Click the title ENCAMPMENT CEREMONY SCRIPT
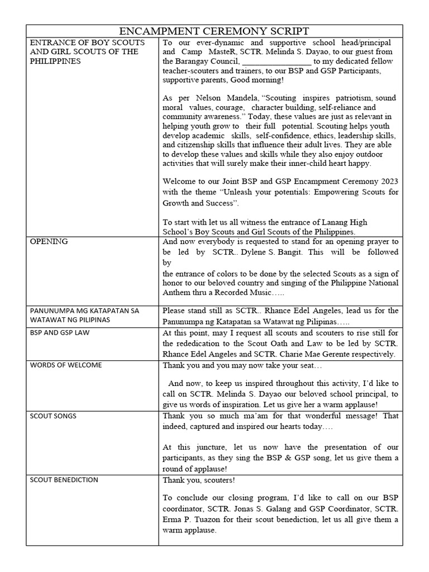coord(214,31)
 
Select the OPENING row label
coord(49,241)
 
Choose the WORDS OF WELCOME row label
coord(65,365)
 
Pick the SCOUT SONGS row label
coord(53,416)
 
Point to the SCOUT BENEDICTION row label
coord(64,479)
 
